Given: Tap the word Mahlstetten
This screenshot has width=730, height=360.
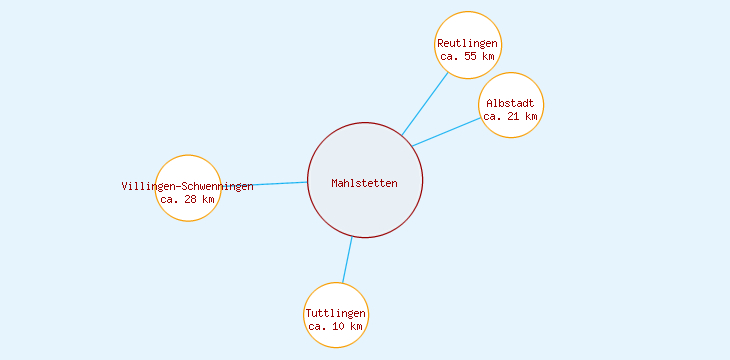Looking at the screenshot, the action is (x=365, y=183).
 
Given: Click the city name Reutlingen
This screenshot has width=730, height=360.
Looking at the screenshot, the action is (x=468, y=44).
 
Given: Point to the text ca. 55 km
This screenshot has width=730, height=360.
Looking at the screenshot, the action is (x=468, y=57).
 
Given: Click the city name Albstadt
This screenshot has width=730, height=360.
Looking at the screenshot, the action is (x=511, y=104).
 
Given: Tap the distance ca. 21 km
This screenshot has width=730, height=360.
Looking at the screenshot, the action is (x=511, y=117).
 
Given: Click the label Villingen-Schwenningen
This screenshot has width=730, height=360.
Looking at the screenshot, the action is (x=188, y=187).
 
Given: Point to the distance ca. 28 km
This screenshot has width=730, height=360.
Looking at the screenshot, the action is (x=188, y=199).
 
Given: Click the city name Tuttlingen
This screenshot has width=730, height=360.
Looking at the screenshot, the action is (x=336, y=314).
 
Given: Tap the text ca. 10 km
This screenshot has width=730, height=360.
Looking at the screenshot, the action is (x=336, y=327).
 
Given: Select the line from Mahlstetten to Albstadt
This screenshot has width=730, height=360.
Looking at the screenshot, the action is (x=447, y=132).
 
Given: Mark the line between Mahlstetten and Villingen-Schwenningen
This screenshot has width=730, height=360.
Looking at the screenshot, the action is (x=264, y=184).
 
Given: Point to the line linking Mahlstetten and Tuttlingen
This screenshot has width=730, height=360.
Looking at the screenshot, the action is (x=347, y=260).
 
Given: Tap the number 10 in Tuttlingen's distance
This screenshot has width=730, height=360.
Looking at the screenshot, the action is (x=341, y=327).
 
